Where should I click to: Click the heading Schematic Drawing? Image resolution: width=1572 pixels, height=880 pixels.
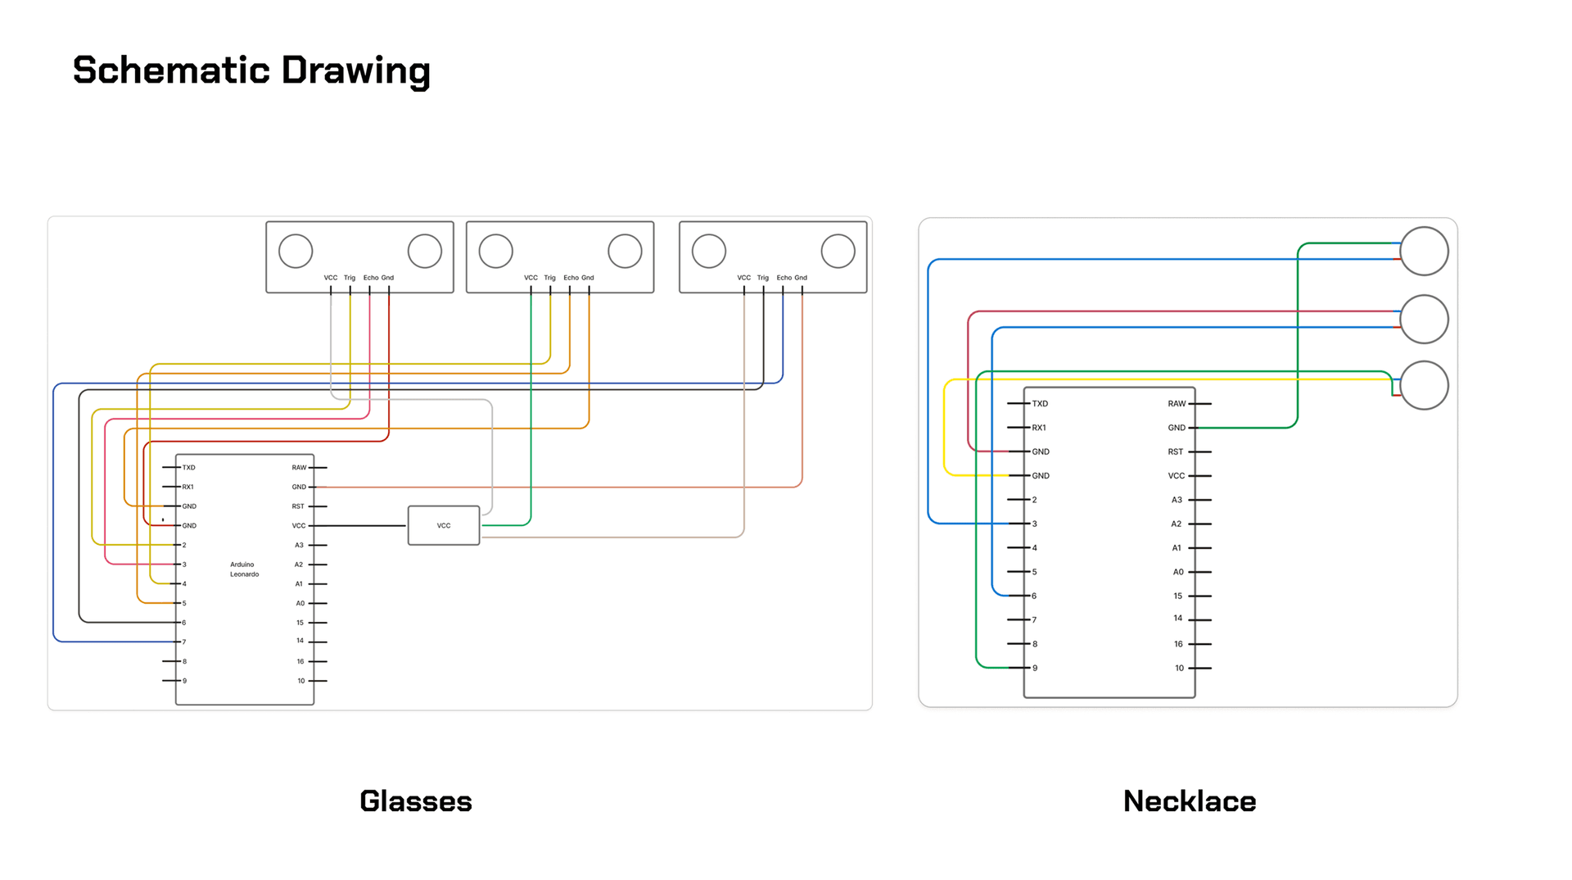tap(251, 70)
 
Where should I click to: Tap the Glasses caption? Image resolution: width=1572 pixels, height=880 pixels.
tap(416, 801)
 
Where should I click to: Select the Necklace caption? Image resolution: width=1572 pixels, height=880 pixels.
tap(1190, 801)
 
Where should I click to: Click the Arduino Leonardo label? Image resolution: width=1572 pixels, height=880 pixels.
tap(244, 569)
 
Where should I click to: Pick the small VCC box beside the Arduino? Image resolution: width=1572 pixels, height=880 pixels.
tap(444, 525)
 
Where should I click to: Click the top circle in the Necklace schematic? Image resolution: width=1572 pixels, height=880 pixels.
tap(1424, 251)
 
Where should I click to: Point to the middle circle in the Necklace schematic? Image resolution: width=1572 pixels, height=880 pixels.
tap(1424, 319)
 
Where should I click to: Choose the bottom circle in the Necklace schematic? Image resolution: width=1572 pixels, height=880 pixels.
tap(1424, 385)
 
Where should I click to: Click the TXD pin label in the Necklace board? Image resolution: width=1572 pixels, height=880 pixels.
tap(1040, 404)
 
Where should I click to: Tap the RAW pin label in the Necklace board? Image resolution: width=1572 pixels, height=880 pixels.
tap(1177, 404)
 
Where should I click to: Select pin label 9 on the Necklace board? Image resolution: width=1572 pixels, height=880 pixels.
tap(1035, 669)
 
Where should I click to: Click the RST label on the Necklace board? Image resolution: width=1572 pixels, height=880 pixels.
tap(1176, 452)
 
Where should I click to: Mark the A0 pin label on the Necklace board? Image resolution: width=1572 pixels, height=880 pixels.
tap(1178, 572)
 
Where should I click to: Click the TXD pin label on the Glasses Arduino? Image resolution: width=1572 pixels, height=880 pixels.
tap(189, 468)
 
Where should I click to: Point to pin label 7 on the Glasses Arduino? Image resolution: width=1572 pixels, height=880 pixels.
tap(184, 642)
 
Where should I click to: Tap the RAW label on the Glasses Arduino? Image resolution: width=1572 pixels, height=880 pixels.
tap(299, 468)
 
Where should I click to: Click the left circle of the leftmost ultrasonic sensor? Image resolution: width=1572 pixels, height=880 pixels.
tap(296, 251)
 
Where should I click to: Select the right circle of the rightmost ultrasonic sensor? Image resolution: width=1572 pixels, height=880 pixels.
tap(838, 251)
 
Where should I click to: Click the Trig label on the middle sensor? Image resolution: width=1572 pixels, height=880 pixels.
tap(549, 278)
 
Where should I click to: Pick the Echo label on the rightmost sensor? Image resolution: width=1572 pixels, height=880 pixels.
tap(784, 278)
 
